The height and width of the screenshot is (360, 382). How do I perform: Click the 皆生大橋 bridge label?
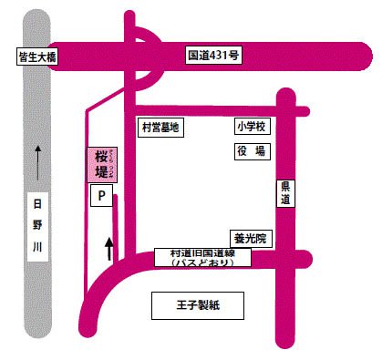coord(37,57)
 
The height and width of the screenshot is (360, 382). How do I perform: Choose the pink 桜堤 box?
coord(101,165)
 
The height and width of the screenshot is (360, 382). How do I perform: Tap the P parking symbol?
coord(101,195)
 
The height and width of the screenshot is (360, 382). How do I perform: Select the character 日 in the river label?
coord(37,204)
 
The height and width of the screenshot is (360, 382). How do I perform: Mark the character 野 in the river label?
coord(37,225)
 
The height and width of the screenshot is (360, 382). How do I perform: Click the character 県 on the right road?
coord(285,186)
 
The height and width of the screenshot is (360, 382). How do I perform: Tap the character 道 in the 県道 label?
coord(285,201)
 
